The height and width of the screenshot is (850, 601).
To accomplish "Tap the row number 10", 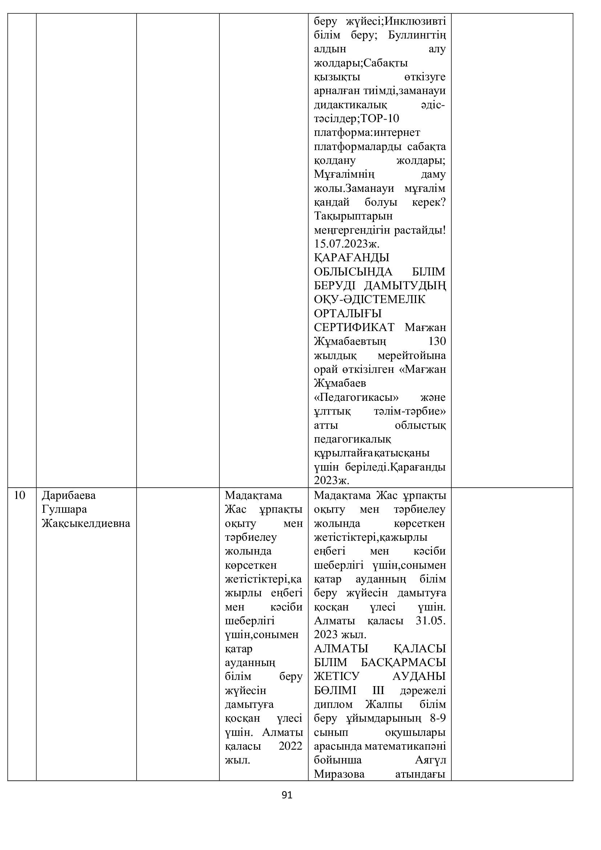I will click(x=19, y=495).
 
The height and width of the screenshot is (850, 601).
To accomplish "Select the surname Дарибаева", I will click(x=68, y=495).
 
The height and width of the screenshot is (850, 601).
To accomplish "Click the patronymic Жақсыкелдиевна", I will click(x=86, y=523).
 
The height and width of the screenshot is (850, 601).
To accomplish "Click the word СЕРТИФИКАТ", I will click(x=354, y=328).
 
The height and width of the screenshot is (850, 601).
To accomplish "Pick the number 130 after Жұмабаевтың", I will click(x=437, y=341).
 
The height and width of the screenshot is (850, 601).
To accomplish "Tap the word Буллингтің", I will click(x=417, y=36).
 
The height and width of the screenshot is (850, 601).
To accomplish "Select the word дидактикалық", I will click(x=350, y=105).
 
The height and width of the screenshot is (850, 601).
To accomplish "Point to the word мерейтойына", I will click(x=412, y=356).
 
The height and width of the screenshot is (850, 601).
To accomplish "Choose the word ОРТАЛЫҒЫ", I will click(x=347, y=314).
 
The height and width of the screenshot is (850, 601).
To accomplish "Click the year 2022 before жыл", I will click(x=291, y=746).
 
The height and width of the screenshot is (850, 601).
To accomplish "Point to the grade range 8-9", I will click(x=438, y=718).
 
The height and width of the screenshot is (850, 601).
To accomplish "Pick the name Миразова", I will click(x=339, y=774).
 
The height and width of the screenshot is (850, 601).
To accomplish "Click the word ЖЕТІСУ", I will click(x=336, y=676).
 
